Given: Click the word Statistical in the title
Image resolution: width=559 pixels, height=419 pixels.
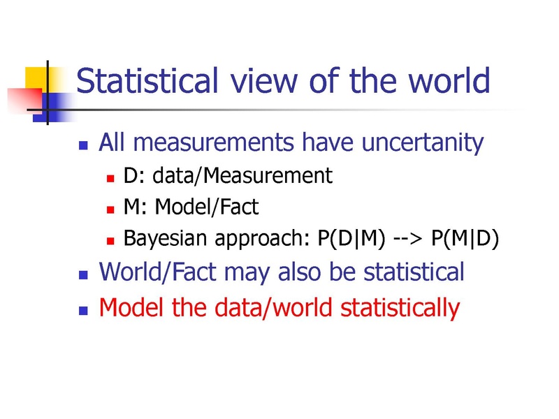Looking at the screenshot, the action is tap(147, 80).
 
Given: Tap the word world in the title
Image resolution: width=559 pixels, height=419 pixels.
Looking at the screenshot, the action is tap(449, 80).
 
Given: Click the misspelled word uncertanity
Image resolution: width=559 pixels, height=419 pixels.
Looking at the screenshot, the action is tap(423, 143).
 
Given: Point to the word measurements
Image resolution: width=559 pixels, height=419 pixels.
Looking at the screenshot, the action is tap(213, 142).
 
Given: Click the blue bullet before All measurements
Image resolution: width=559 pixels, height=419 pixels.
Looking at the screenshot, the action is tap(83, 145).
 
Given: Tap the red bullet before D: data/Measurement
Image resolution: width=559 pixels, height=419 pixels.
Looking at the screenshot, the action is tap(110, 178).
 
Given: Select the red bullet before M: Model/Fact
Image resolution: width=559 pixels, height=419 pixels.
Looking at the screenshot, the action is tap(110, 209).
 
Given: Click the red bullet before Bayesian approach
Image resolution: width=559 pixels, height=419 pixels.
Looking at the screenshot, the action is tap(110, 241).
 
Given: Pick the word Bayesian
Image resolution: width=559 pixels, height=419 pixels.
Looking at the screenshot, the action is tap(165, 239).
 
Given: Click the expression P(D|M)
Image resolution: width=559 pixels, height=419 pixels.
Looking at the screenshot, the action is tap(351, 238).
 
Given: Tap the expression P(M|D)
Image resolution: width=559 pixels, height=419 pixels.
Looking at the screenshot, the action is tap(465, 238).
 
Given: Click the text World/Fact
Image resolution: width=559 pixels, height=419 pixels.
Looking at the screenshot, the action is tap(158, 272).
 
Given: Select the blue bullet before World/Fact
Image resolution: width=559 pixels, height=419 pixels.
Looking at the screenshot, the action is tap(83, 274).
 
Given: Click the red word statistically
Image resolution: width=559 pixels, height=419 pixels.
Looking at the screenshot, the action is tap(400, 308).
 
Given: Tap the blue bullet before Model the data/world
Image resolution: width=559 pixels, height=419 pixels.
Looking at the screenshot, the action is tap(83, 310).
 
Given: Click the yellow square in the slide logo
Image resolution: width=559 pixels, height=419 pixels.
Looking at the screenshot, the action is tap(36, 78).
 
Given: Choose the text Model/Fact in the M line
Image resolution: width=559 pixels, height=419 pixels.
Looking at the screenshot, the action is tap(207, 207).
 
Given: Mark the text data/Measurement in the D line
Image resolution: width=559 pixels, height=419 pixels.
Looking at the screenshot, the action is tap(242, 176).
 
